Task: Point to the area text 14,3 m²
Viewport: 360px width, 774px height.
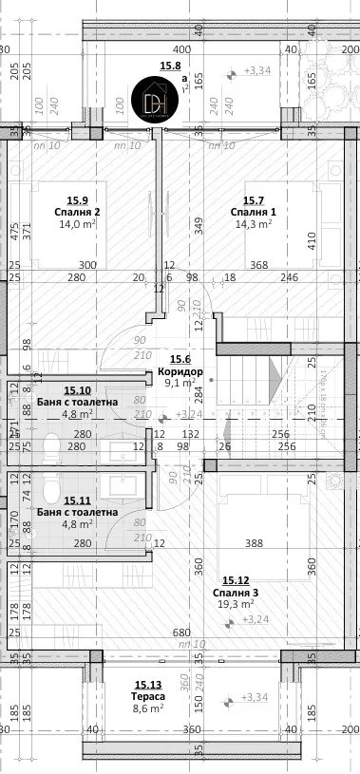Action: [x=254, y=225]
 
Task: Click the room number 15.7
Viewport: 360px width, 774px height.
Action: [x=254, y=200]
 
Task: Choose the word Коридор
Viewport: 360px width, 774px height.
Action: [x=180, y=371]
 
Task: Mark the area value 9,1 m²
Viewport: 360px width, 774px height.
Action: [x=180, y=384]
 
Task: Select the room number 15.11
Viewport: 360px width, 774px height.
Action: [x=77, y=500]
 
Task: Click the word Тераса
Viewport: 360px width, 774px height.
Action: [x=146, y=695]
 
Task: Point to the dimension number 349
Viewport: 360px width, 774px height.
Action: [x=199, y=226]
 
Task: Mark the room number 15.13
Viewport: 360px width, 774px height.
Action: [x=146, y=684]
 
